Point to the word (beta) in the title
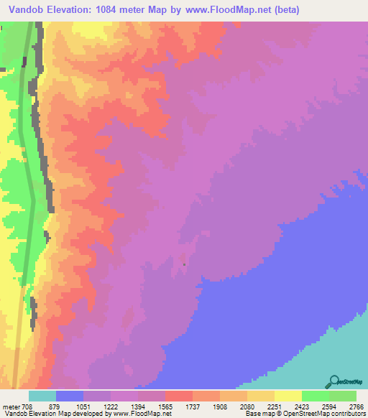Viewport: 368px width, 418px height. pos(281,10)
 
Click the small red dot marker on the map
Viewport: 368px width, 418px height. pos(184,264)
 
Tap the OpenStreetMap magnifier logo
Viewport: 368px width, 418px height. pos(333,381)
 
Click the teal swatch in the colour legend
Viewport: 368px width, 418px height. pos(42,396)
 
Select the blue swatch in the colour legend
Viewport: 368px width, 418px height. pos(70,396)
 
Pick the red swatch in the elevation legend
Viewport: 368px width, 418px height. pos(179,396)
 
